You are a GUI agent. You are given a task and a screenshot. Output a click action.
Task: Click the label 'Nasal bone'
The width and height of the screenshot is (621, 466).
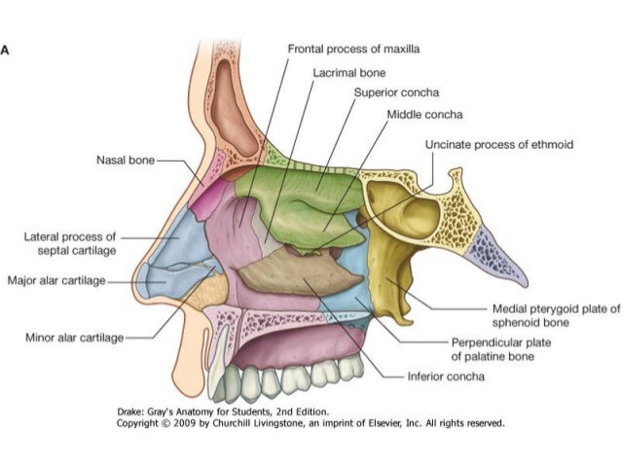tap(128, 158)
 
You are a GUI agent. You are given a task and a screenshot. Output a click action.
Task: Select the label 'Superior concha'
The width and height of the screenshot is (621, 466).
tap(396, 92)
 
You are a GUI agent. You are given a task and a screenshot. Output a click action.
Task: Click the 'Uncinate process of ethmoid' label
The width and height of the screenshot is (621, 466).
tap(499, 145)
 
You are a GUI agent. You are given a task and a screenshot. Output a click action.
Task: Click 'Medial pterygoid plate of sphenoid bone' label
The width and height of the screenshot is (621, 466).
tap(555, 315)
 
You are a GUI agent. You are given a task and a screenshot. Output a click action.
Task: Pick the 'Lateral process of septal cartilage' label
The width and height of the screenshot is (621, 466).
tap(69, 241)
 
